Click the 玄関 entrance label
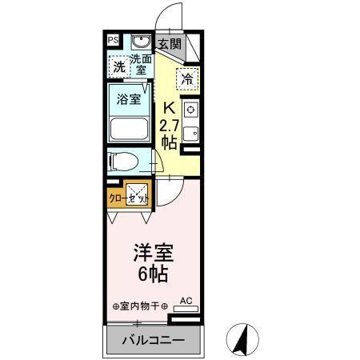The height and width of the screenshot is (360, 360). (x=168, y=44)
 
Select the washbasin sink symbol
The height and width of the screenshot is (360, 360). (x=142, y=41)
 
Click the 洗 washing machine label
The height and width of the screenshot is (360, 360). (x=118, y=67)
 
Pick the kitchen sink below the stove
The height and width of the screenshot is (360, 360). (x=190, y=133)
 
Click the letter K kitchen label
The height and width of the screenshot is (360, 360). (x=169, y=107)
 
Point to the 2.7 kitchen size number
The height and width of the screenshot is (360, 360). (x=168, y=125)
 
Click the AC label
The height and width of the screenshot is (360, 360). (x=186, y=300)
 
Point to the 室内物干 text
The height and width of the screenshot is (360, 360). (x=141, y=306)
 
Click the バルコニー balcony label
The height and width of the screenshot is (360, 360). (x=153, y=341)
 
